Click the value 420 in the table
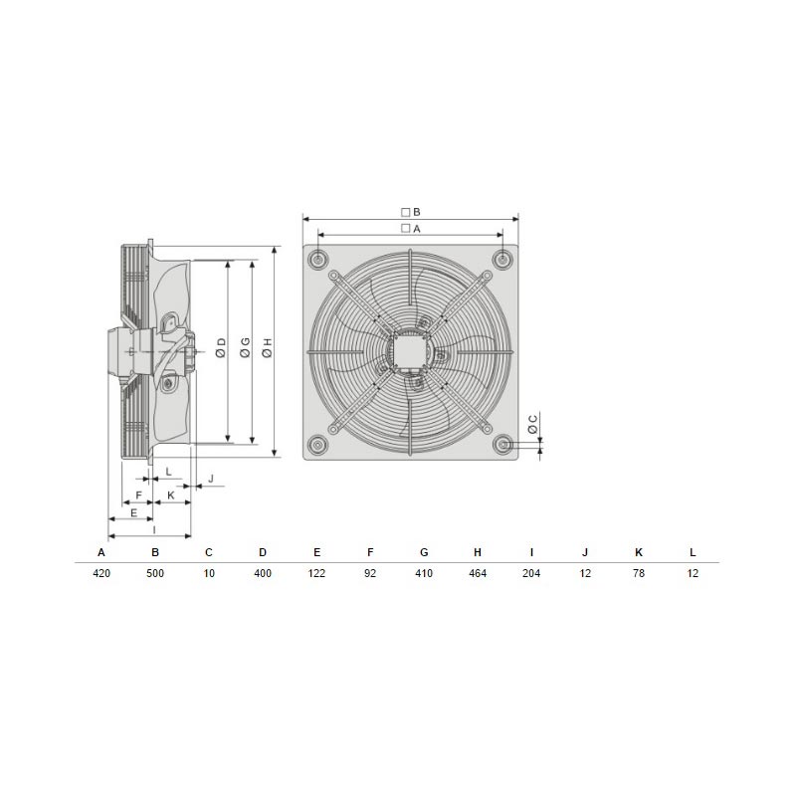101,573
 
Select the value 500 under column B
155,573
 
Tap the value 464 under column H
478,573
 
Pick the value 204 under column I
531,573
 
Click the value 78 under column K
639,573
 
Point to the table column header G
424,552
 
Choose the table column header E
316,552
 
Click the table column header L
693,552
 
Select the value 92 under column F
370,573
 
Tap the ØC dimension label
532,425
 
